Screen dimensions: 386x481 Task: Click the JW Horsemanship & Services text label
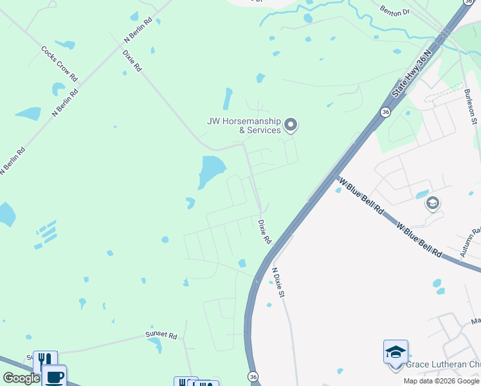pos(244,125)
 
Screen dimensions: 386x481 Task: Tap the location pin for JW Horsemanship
pos(291,124)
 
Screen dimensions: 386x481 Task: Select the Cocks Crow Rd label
pos(59,63)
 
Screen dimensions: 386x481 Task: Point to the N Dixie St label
pos(278,282)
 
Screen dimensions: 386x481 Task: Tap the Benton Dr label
pos(395,12)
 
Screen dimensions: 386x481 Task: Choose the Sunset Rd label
pos(161,335)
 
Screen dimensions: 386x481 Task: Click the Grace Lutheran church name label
pos(443,364)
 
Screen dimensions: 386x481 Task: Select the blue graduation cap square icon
pos(395,352)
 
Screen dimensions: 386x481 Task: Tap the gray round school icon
pos(432,204)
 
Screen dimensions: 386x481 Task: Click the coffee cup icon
pos(54,376)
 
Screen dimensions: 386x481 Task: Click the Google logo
pos(21,378)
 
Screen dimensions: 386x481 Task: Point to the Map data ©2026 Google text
pos(441,381)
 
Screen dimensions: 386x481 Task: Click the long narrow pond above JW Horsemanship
pos(227,98)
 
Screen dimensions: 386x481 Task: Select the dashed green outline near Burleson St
pos(444,94)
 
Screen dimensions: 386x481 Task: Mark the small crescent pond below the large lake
pos(190,203)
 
